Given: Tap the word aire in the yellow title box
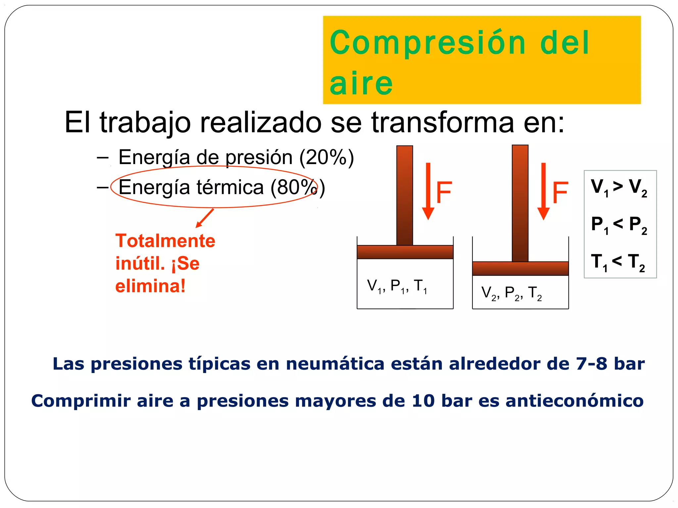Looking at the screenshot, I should (361, 83).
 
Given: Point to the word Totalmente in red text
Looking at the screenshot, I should (165, 241).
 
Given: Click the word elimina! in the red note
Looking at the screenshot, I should (150, 286).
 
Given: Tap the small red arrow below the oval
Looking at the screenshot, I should (205, 218).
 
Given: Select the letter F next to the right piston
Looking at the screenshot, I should (560, 192).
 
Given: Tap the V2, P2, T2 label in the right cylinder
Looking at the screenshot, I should (511, 293).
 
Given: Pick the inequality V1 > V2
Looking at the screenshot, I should (619, 187).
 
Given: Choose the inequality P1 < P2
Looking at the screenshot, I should (619, 225).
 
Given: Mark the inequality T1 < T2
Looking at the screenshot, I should (618, 262).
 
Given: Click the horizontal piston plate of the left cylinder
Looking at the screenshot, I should (405, 252).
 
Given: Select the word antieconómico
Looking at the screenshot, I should (574, 401).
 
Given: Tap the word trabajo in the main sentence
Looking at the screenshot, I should (145, 122).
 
